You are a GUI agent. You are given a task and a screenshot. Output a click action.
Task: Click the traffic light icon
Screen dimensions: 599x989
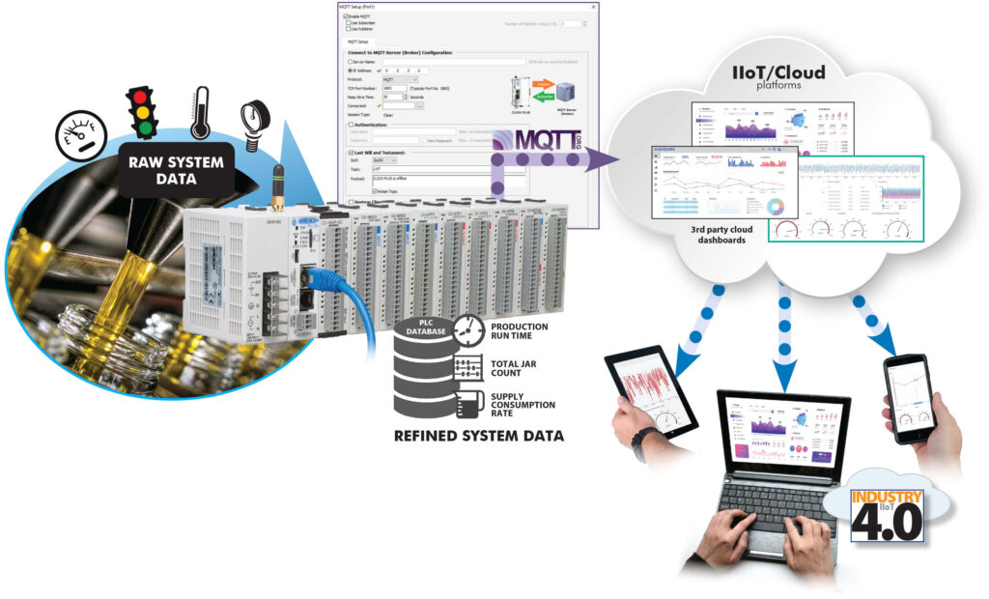point(143,114)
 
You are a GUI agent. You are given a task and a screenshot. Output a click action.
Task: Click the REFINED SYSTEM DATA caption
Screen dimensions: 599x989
point(479,438)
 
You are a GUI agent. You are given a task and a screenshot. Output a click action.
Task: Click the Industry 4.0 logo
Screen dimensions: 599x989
point(886,515)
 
